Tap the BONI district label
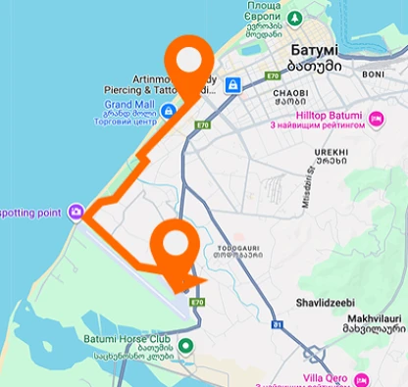pos(373,73)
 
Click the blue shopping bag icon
pos(232,85)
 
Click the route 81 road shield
pos(278,322)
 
